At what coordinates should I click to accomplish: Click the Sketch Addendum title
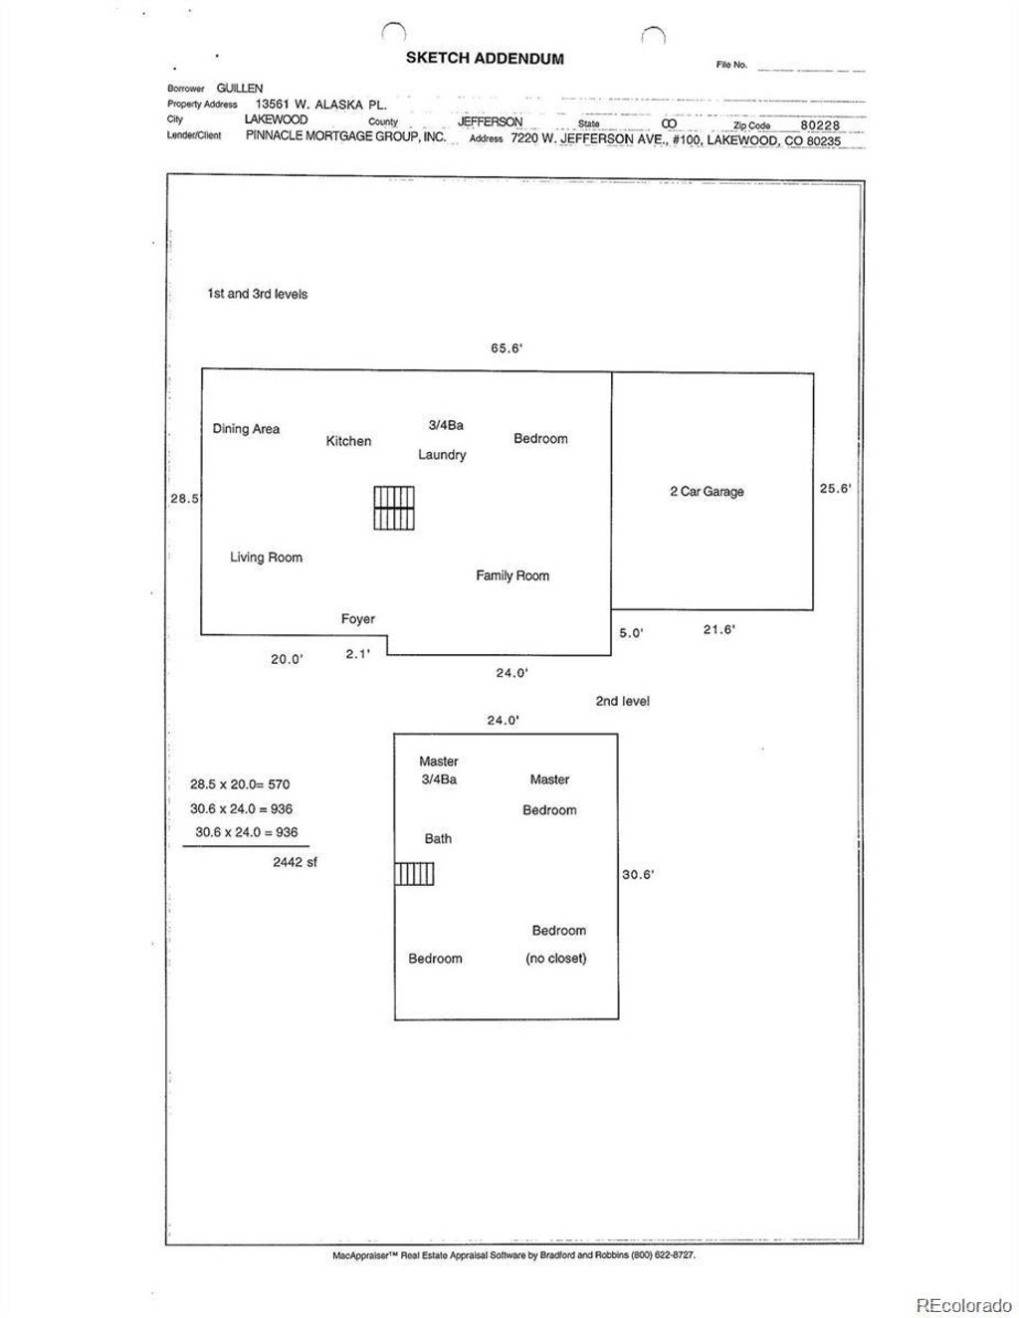pos(485,58)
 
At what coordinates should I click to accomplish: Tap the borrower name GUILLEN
pos(240,88)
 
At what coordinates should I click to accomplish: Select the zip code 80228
pos(820,125)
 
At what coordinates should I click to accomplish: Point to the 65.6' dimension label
pos(507,348)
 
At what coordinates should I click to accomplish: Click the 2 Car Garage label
pos(707,492)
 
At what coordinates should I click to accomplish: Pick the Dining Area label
pos(246,429)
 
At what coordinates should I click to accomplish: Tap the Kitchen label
pos(348,441)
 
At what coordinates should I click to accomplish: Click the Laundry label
pos(442,455)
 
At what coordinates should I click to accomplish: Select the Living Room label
pos(266,557)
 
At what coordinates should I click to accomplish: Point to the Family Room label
pos(512,575)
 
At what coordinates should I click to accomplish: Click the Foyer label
pos(357,618)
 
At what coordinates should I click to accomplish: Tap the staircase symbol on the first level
pos(394,508)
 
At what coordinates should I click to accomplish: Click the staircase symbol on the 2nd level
pos(414,874)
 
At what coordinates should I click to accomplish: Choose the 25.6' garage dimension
pos(835,488)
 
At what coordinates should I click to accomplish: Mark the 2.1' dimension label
pos(357,654)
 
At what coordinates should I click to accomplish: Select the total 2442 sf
pos(295,862)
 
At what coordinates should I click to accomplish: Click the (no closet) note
pos(556,959)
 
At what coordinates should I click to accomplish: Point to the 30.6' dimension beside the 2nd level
pos(638,874)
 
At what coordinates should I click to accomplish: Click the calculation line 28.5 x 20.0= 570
pos(240,784)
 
